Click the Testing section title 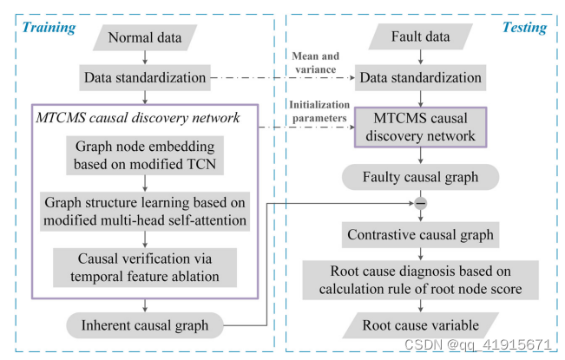tap(524, 27)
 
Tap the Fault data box tap(421, 38)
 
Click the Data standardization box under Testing tap(420, 78)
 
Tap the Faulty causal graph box tap(421, 179)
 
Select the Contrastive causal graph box tap(421, 234)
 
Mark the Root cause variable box tap(421, 326)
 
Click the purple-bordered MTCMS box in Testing tap(421, 128)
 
